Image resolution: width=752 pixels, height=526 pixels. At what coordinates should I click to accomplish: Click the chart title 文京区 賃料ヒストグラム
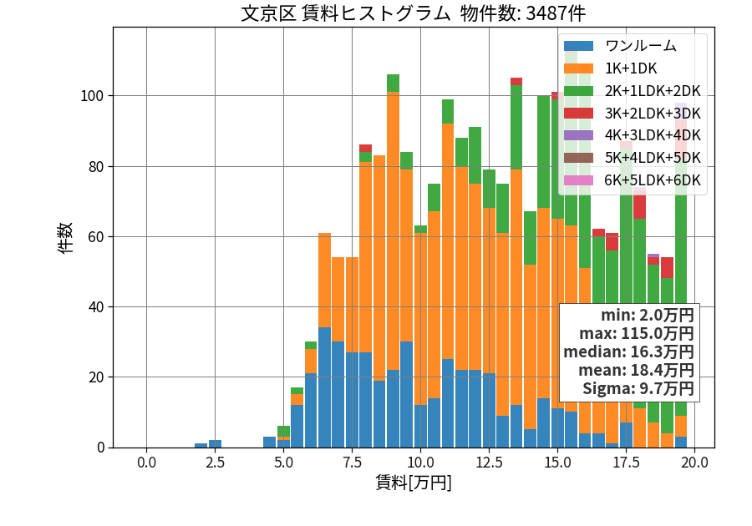click(x=345, y=13)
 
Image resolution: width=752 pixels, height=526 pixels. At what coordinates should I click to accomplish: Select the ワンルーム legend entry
click(x=620, y=46)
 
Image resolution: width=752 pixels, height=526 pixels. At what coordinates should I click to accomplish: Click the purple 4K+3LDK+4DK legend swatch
click(x=578, y=135)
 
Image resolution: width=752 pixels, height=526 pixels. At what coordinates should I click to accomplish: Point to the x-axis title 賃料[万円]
click(x=414, y=483)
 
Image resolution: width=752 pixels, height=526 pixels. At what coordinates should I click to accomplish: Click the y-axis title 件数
click(x=65, y=237)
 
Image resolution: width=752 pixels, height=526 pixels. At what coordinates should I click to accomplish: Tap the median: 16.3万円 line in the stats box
click(x=628, y=352)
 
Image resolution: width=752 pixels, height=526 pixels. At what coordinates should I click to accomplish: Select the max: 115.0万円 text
click(x=637, y=334)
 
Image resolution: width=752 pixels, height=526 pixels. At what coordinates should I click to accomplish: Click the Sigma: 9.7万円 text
click(x=638, y=388)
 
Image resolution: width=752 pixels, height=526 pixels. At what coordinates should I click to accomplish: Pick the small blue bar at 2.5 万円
click(x=215, y=443)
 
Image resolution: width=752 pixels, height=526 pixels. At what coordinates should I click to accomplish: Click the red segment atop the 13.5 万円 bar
click(x=516, y=82)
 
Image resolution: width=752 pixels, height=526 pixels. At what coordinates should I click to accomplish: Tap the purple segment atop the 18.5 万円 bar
click(x=653, y=255)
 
